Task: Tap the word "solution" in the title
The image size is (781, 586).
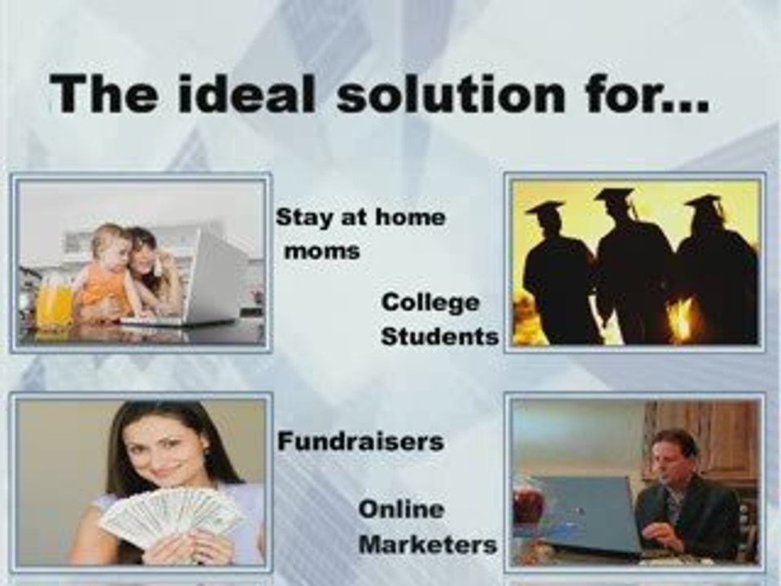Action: click(452, 94)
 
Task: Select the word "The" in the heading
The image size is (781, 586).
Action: click(103, 94)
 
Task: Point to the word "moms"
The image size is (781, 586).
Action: click(321, 251)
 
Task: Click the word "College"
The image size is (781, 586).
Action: click(430, 303)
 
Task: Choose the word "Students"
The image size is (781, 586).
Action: click(439, 335)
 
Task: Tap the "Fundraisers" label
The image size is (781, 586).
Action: click(360, 441)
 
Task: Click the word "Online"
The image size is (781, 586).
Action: click(401, 510)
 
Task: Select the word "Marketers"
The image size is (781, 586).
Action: click(428, 543)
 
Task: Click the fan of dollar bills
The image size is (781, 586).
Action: click(172, 516)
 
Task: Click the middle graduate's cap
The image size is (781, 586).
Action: click(615, 196)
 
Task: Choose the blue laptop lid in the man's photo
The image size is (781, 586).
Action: click(586, 513)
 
